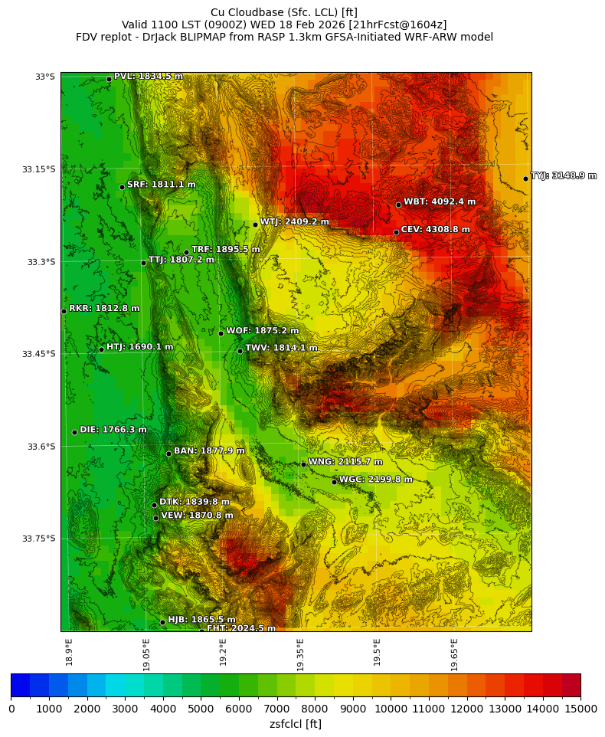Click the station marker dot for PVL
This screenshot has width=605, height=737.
109,79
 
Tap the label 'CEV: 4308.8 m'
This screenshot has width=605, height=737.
435,229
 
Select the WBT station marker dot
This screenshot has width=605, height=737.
398,205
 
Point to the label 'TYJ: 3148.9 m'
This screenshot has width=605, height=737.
564,175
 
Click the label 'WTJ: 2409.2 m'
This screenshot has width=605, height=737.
294,221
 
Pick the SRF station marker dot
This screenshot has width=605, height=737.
122,187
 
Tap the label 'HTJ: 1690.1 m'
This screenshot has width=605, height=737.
139,347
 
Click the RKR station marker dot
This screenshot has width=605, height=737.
64,311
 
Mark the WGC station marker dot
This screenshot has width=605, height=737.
334,482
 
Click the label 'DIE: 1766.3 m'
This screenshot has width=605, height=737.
113,430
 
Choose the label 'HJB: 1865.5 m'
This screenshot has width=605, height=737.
201,619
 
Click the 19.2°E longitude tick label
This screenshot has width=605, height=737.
223,652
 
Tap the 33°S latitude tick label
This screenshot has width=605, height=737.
45,77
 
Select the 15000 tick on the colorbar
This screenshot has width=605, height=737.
580,709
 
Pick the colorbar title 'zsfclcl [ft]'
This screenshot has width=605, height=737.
296,724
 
